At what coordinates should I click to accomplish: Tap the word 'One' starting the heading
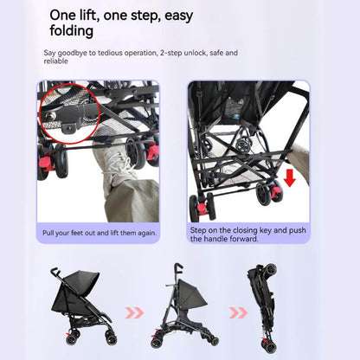(x=66, y=14)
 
